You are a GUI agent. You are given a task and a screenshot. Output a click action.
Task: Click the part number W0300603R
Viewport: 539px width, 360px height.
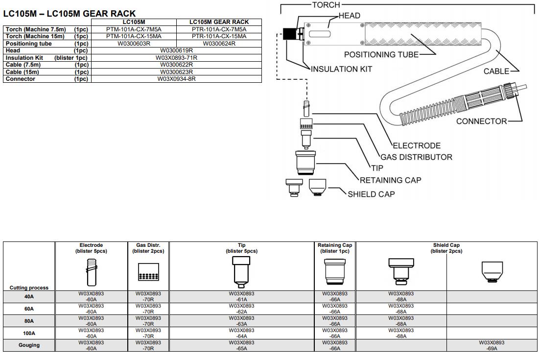[134, 44]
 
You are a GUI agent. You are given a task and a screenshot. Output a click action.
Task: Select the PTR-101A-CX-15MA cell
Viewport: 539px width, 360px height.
[219, 36]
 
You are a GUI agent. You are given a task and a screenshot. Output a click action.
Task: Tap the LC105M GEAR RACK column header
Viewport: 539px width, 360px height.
[219, 22]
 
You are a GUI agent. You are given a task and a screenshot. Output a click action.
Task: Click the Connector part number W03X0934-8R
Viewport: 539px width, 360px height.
[176, 79]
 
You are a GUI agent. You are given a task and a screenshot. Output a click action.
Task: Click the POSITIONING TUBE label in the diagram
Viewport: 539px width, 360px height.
[381, 55]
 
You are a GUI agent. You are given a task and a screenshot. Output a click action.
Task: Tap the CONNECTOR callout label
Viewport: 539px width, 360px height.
[481, 121]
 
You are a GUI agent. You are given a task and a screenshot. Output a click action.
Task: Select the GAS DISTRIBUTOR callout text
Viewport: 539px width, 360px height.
[416, 157]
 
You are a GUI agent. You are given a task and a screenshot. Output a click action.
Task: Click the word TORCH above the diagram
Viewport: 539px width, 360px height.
[326, 5]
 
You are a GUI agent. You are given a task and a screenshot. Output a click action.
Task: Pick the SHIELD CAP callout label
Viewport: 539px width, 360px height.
[371, 194]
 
